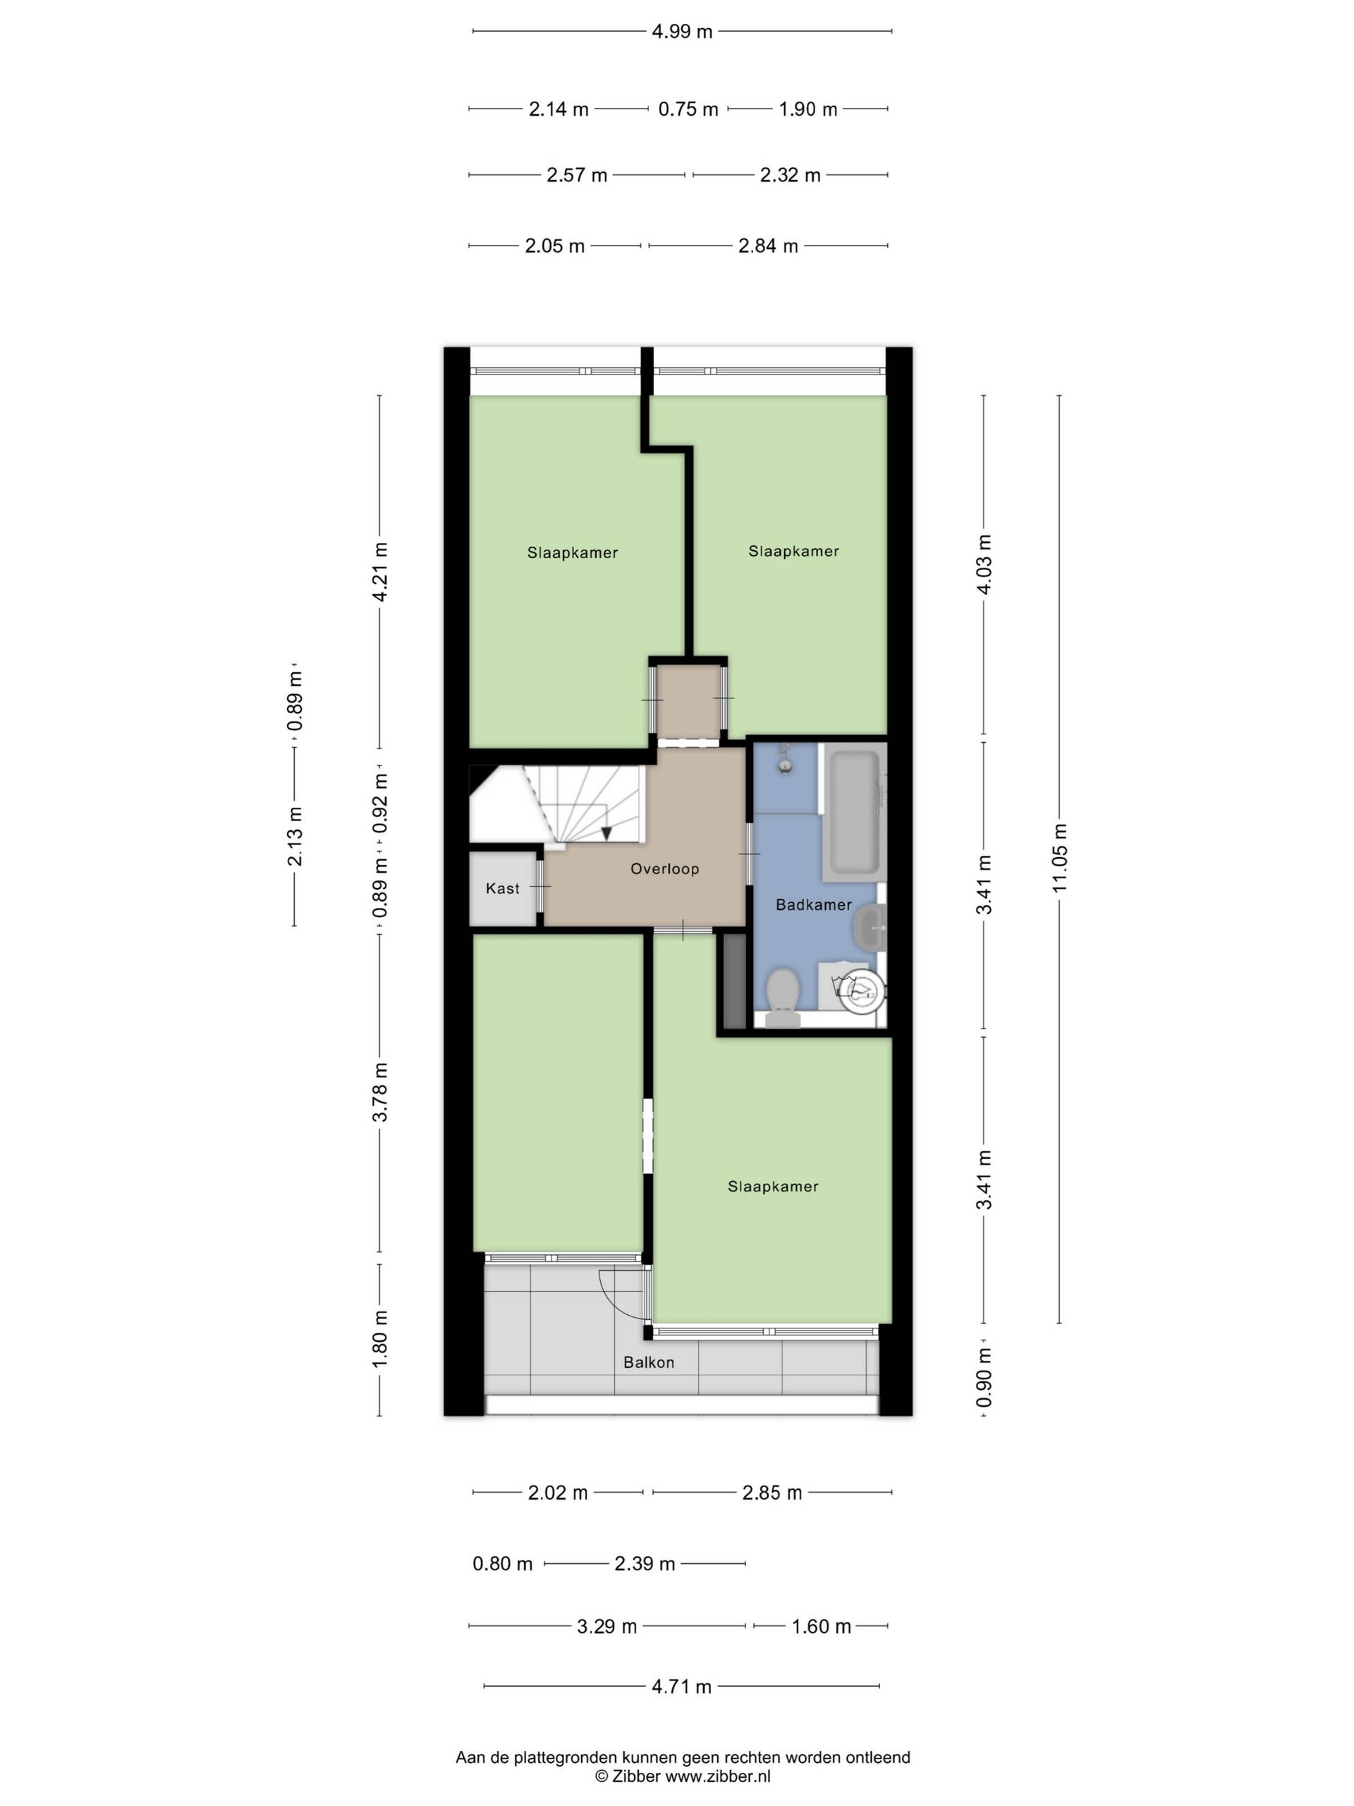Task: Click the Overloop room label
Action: (664, 868)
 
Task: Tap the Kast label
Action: (502, 888)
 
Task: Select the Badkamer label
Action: (813, 904)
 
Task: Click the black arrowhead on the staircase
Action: (606, 832)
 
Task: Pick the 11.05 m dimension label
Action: (1059, 858)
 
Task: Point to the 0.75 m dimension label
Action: (688, 109)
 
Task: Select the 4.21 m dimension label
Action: (379, 571)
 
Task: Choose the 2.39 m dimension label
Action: (645, 1563)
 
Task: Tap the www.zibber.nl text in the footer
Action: (717, 1776)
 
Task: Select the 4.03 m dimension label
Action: (984, 564)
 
